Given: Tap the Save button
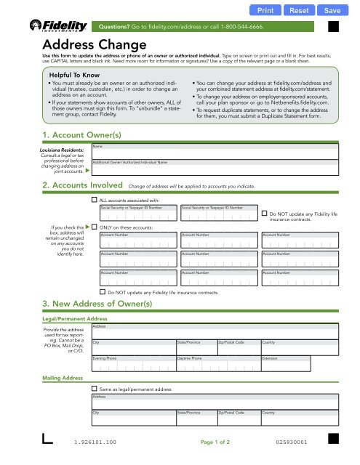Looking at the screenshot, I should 332,11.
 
